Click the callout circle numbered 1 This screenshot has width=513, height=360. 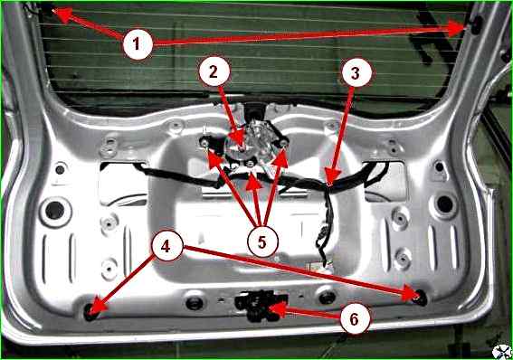[138, 43]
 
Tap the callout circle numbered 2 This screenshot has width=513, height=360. [214, 71]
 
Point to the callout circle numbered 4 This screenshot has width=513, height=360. [166, 246]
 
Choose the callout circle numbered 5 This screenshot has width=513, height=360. [262, 242]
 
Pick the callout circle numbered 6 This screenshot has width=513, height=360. [355, 319]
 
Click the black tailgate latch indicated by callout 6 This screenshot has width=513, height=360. [260, 304]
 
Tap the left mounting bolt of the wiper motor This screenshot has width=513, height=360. [205, 143]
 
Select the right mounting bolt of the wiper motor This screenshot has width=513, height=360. [283, 142]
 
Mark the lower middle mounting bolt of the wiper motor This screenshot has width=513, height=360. [251, 163]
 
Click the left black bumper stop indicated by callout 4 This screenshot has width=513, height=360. [90, 310]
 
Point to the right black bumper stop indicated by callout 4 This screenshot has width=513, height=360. [421, 297]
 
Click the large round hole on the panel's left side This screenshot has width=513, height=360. [54, 210]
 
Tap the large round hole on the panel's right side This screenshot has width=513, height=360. [445, 204]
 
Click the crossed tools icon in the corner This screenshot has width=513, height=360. [502, 351]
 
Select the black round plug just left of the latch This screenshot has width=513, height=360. [194, 303]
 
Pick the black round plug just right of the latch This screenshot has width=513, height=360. [328, 297]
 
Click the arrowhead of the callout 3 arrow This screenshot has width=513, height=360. [332, 177]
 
